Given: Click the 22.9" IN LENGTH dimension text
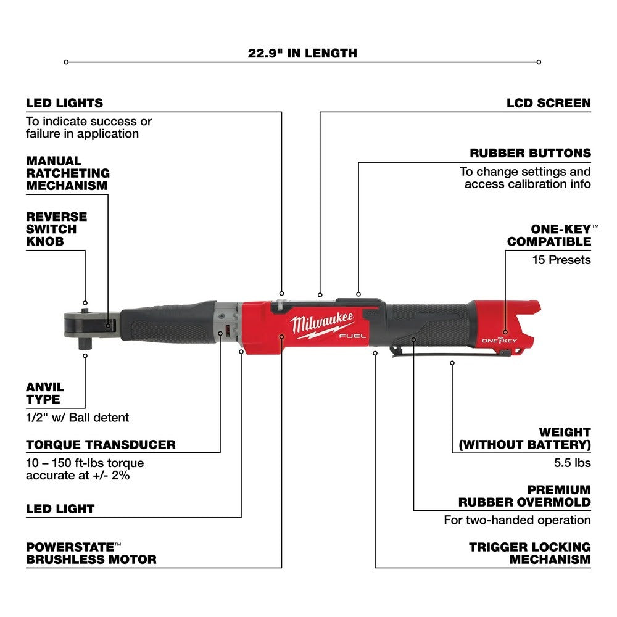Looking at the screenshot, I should (x=302, y=53).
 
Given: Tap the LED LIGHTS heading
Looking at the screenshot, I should (x=64, y=103).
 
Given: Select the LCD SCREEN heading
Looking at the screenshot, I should (x=549, y=103).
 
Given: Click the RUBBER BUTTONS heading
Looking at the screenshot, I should (x=539, y=153).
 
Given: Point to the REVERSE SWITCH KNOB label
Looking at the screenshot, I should (x=56, y=229).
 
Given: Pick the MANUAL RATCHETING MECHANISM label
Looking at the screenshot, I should (x=67, y=173).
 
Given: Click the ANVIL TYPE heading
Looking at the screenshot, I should (x=45, y=393).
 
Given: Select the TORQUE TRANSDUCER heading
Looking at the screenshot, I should (x=101, y=444).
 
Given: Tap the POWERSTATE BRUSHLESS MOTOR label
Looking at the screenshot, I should (x=91, y=553).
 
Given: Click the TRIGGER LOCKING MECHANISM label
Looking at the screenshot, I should (x=529, y=553).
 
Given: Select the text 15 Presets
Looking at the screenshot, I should (x=561, y=260).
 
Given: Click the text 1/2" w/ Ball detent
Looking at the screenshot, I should (x=78, y=418).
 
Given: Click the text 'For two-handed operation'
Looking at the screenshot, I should (x=517, y=520).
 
